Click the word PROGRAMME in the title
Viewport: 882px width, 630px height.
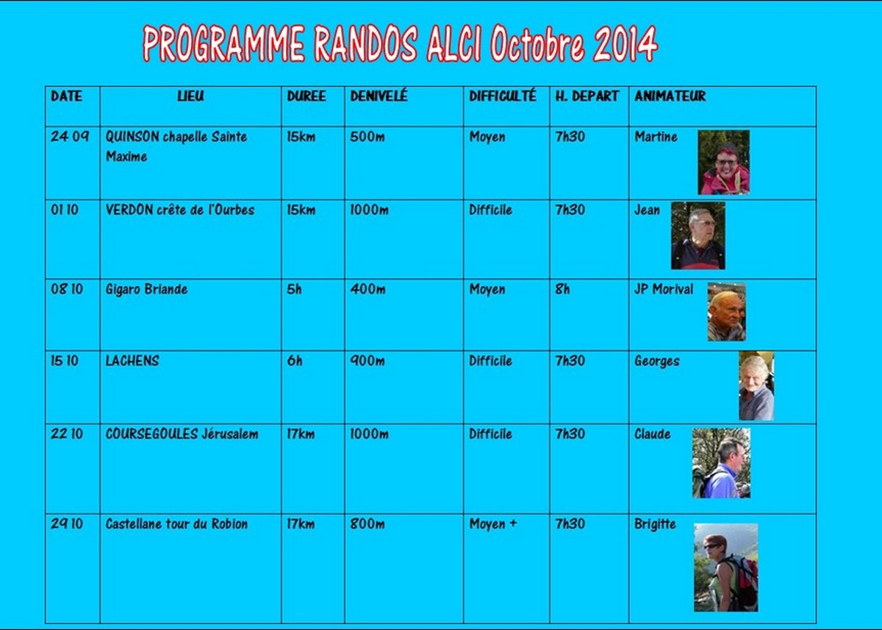coord(223,43)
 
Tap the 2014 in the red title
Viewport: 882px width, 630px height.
coord(625,43)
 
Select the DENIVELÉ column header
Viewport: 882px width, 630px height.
coord(379,96)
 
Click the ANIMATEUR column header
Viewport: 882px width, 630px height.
coord(670,96)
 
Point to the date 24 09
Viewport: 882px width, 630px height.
coord(70,137)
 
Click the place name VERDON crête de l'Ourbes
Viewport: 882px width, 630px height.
coord(180,210)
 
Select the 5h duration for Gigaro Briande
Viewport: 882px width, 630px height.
coord(294,290)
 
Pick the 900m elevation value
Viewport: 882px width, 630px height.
coord(367,361)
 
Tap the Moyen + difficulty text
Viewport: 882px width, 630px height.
coord(492,524)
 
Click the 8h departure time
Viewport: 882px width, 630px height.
coord(562,290)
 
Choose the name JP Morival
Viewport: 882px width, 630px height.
coord(664,290)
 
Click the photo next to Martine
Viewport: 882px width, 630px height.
coord(724,162)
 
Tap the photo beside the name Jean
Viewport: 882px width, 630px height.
coord(698,236)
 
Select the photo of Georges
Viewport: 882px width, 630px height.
coord(756,386)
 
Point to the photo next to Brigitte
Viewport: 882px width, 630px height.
coord(725,568)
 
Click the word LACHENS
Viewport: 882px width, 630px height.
coord(132,361)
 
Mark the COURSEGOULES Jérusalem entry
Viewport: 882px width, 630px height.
coord(182,434)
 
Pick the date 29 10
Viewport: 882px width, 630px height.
coord(67,524)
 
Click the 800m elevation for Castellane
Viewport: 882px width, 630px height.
coord(367,524)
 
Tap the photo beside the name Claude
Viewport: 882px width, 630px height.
coord(721,463)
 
